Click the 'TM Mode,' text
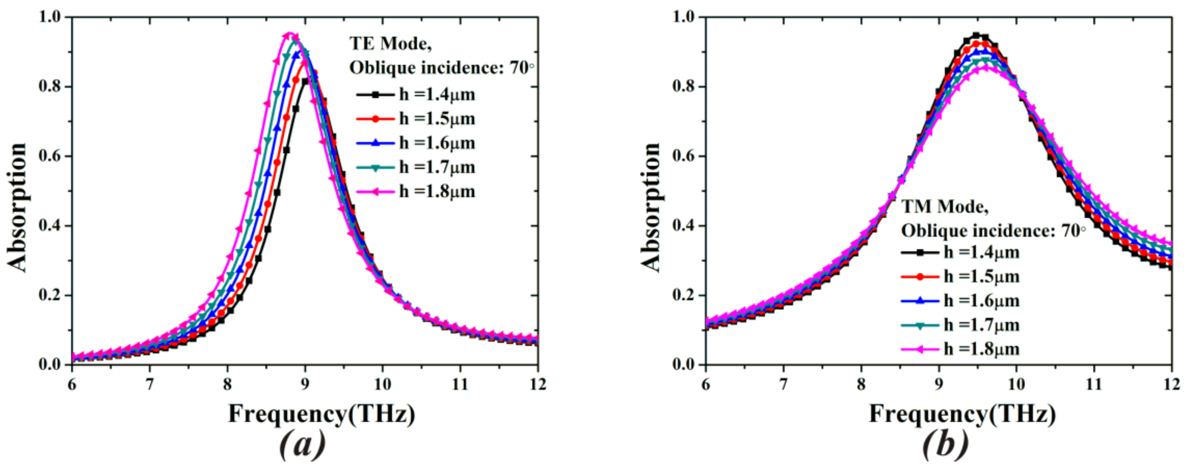click(945, 206)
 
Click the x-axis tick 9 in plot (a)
click(305, 384)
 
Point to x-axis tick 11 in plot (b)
click(1094, 384)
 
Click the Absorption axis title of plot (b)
click(651, 208)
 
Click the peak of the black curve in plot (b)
click(976, 35)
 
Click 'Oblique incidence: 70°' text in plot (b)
click(994, 230)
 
